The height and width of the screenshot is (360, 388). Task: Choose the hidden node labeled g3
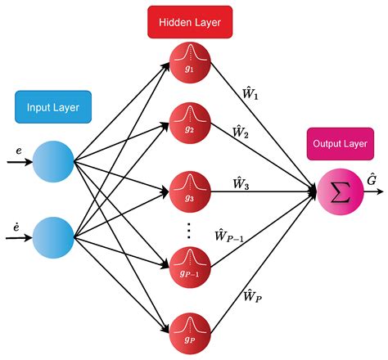coord(190,195)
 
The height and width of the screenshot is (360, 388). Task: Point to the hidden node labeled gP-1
coord(190,262)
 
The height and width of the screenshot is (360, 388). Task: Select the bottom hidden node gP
coord(190,330)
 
